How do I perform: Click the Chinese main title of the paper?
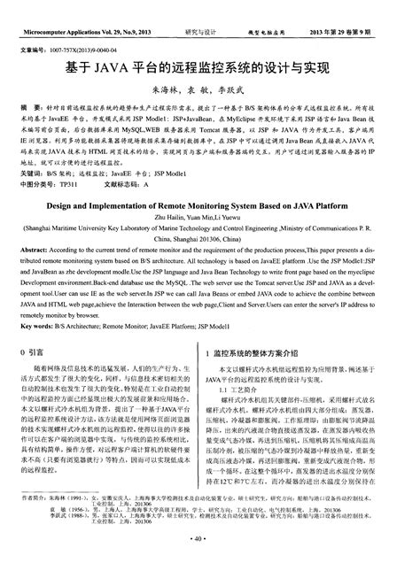coord(210,66)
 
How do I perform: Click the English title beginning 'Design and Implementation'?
coord(210,228)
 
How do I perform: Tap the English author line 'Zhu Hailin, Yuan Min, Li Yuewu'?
coord(210,241)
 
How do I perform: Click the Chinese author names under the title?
coord(210,90)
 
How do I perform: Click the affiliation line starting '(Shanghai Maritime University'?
coord(210,252)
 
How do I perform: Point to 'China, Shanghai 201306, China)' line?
coord(210,263)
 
